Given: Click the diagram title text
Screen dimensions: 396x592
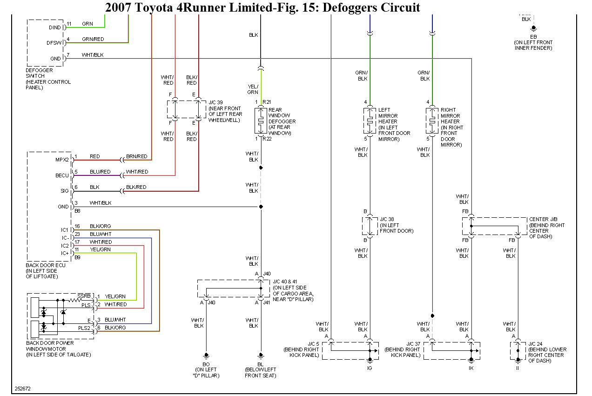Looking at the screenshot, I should [262, 7].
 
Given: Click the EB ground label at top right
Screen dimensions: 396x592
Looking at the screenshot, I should [533, 36].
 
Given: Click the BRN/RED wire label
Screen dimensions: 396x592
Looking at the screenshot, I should [136, 157].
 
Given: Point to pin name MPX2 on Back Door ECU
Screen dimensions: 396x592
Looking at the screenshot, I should [61, 160].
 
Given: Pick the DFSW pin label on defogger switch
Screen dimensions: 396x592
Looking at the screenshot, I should [54, 43].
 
